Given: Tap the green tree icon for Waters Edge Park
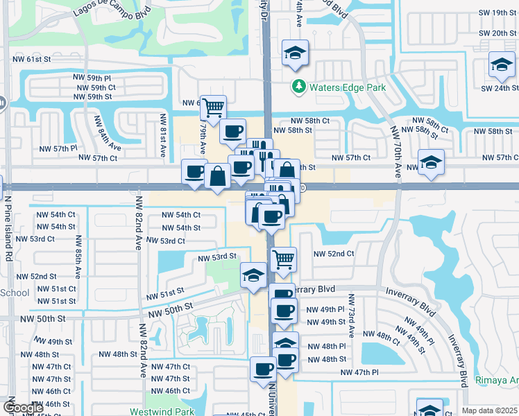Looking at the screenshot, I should coord(298,87).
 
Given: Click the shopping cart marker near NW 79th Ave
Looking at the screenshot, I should coord(214,107).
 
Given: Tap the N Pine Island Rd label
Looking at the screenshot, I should coord(8,225).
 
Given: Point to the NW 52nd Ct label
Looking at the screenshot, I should coord(332,254).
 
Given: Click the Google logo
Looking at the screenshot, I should coord(23,407).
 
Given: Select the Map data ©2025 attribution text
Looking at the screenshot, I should coord(489,410).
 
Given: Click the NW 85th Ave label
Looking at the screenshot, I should coord(79,256).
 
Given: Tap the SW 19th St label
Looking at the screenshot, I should coord(494,12).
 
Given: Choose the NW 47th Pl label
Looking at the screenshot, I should coord(359,372).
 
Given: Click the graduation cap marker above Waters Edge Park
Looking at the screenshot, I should coord(294,52).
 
